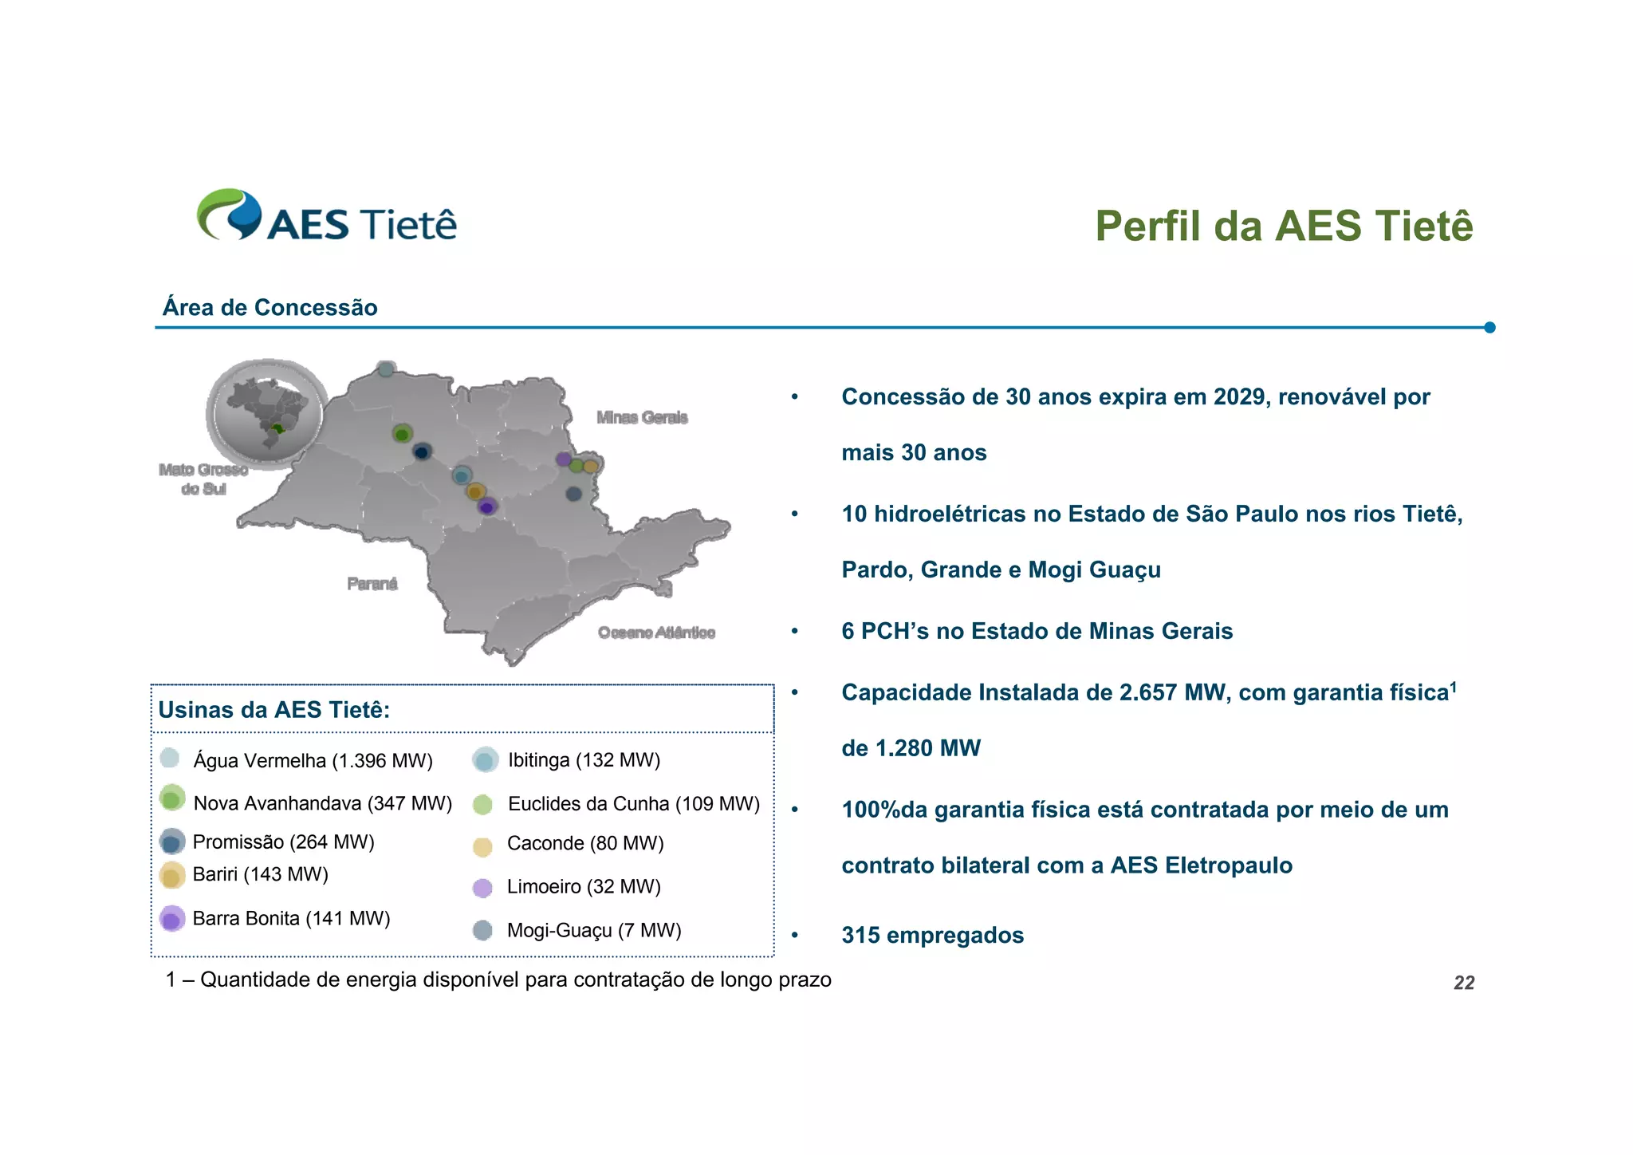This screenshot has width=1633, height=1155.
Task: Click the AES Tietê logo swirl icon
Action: click(x=230, y=214)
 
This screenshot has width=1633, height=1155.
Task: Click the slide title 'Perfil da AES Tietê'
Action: click(x=1283, y=226)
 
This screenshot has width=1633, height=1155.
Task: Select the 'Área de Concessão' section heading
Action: click(x=270, y=308)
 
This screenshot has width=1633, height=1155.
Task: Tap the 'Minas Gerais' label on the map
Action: click(x=642, y=417)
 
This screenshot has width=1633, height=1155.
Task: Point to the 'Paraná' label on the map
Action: click(x=372, y=584)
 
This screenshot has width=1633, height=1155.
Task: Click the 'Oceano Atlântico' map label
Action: click(x=656, y=633)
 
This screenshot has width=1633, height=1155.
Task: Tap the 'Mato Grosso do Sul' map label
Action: click(x=203, y=479)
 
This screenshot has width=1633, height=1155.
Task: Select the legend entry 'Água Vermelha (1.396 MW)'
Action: click(x=313, y=761)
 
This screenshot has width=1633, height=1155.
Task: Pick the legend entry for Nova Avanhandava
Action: click(x=322, y=803)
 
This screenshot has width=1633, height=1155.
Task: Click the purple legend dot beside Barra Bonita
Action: click(x=171, y=919)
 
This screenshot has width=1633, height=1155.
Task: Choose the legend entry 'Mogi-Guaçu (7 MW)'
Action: click(x=593, y=931)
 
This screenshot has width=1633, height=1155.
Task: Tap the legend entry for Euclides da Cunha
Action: click(x=633, y=804)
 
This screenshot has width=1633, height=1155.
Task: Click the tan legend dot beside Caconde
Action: click(x=482, y=846)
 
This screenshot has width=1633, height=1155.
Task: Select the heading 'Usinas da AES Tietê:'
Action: click(x=274, y=710)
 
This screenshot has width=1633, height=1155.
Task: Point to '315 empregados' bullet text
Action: click(x=932, y=935)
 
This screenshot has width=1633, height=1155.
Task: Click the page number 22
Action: click(x=1464, y=983)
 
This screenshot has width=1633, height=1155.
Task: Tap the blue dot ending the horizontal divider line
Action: click(x=1489, y=328)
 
